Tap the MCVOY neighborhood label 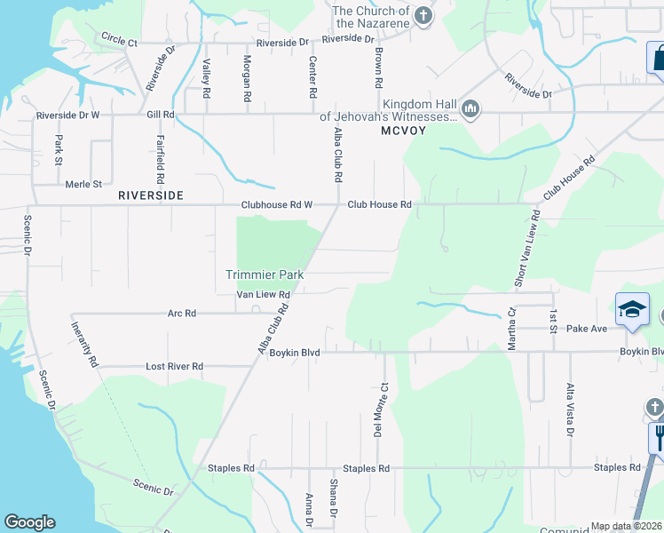tap(404, 131)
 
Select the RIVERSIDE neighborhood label tap(151, 195)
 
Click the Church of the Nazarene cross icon tap(423, 15)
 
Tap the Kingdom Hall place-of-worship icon tap(470, 109)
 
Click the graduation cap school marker tap(631, 309)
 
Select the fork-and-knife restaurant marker tap(659, 436)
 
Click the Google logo tap(29, 522)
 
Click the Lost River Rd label tap(175, 366)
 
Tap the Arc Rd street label tap(182, 314)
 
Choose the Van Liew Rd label tap(263, 295)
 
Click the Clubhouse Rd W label tap(276, 205)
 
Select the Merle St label tap(84, 185)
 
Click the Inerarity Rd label tap(83, 345)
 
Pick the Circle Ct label tap(120, 41)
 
